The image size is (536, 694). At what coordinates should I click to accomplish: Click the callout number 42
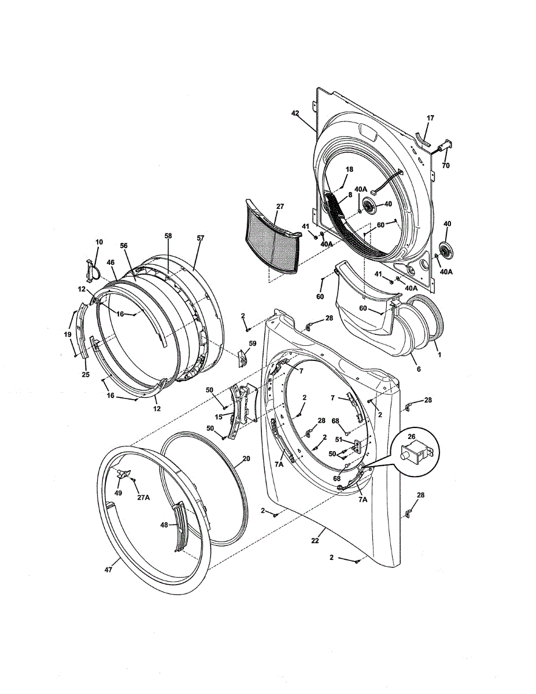point(295,114)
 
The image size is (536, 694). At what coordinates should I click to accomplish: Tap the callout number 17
point(430,118)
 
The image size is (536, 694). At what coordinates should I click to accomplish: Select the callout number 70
point(445,165)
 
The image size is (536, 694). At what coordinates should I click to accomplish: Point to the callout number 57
point(200,238)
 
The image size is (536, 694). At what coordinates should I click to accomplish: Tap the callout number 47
point(108,570)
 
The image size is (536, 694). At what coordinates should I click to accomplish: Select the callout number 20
point(246,459)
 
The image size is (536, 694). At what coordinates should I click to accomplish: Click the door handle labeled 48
point(181,526)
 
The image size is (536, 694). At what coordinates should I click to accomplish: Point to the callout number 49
point(118,493)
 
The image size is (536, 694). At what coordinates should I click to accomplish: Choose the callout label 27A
point(143,496)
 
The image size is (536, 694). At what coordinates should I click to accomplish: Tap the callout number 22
point(315,541)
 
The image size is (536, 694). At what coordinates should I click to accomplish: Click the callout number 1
point(439,355)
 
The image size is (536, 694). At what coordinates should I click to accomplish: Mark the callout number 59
point(252,344)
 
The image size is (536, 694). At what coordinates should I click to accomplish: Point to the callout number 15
point(219,417)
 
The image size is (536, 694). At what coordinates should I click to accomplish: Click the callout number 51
point(339,439)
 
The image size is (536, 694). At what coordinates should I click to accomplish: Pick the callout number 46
point(110,263)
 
